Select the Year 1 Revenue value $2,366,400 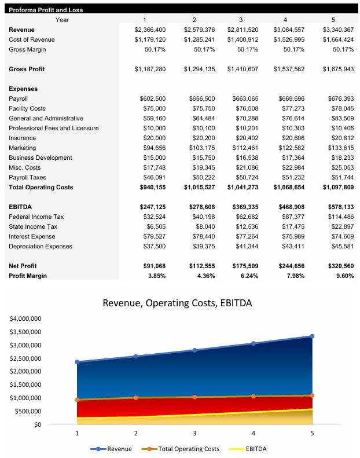click(150, 30)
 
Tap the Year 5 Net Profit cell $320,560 click(337, 266)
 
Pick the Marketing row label click(23, 148)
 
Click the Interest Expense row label click(32, 236)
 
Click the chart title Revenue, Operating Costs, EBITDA click(177, 303)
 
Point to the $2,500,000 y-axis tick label click(25, 358)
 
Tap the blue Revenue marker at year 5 click(312, 336)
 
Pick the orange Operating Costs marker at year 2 click(136, 398)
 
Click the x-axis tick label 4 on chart click(254, 433)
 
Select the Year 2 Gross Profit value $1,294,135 click(199, 69)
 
